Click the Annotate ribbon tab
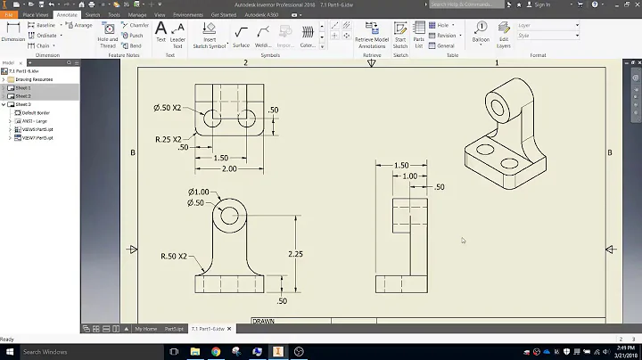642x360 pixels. point(66,15)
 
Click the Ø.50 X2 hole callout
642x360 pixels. point(168,108)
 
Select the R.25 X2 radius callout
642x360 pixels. point(169,139)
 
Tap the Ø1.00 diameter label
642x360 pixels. point(199,192)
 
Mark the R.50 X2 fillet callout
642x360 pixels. point(175,257)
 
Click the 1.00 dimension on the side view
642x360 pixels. point(408,176)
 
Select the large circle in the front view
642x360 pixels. point(230,215)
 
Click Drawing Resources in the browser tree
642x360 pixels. point(35,79)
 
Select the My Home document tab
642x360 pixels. point(145,329)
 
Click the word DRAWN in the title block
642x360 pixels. point(263,320)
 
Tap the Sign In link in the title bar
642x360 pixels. point(541,4)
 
